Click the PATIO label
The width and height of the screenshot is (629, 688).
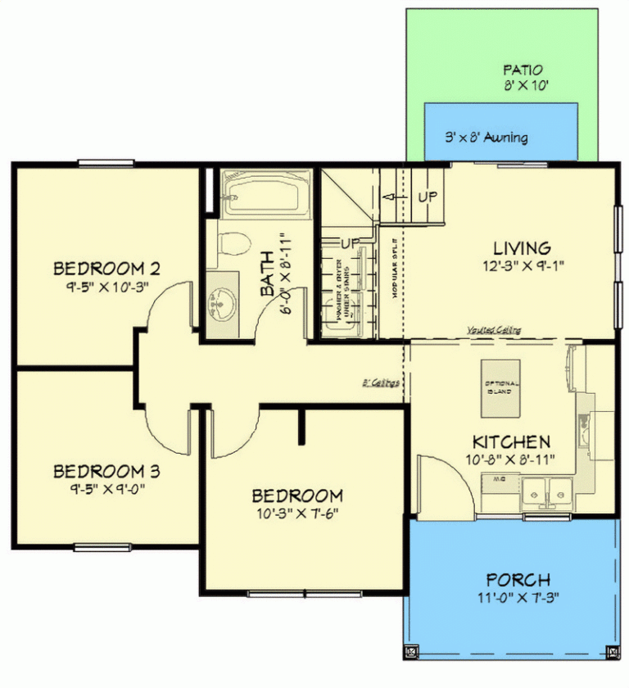[523, 70]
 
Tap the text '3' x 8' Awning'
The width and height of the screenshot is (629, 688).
[486, 138]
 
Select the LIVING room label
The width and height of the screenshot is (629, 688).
[522, 247]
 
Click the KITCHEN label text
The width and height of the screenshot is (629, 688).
[510, 442]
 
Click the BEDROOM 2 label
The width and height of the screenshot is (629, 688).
[106, 268]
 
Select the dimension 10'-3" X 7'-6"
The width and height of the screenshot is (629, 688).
[296, 514]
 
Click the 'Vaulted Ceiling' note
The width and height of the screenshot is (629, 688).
[495, 330]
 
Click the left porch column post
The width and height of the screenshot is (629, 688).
[412, 653]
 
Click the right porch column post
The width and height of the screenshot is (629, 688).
[612, 653]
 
